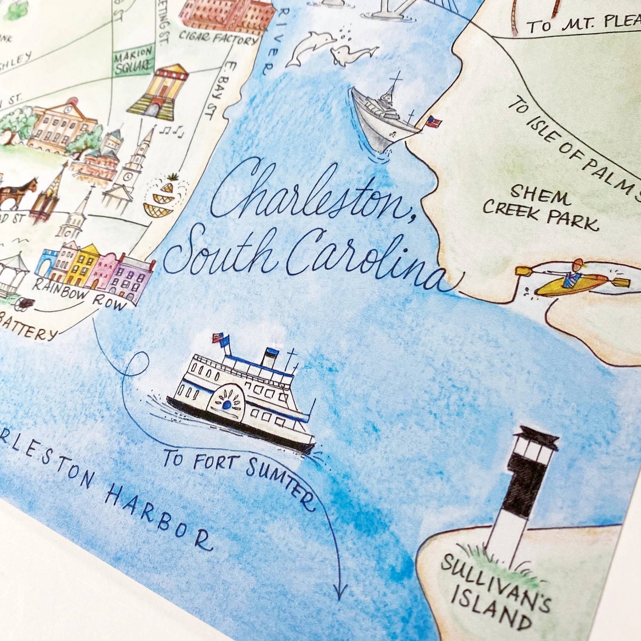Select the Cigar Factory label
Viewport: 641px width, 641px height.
[x=218, y=38]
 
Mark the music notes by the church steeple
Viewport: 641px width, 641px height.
[x=173, y=130]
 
